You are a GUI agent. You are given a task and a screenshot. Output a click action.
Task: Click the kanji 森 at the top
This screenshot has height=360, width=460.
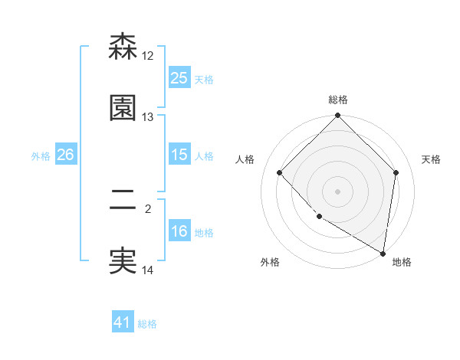(x=123, y=47)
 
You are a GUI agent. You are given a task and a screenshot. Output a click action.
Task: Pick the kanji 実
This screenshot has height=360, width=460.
(x=123, y=260)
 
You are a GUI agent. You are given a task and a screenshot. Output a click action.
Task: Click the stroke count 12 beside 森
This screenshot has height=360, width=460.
(x=148, y=56)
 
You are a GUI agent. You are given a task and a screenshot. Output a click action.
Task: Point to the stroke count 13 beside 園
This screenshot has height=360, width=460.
(x=148, y=117)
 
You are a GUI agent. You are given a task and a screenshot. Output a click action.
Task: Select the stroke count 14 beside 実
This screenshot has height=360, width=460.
(x=148, y=270)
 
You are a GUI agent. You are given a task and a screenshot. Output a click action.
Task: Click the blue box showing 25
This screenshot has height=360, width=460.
(x=179, y=78)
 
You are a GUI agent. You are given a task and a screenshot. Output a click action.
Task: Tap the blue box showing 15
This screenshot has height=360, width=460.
(x=179, y=155)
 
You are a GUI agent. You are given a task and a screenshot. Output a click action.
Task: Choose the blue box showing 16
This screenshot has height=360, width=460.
(x=179, y=231)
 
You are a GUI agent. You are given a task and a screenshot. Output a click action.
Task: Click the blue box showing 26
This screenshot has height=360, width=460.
(x=65, y=155)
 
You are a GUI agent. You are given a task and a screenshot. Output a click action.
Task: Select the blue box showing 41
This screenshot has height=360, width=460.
(x=123, y=322)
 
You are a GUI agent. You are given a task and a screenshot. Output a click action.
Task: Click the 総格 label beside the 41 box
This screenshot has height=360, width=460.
(x=147, y=324)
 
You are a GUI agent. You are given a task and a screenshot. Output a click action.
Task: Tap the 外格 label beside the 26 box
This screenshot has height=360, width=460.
(x=41, y=155)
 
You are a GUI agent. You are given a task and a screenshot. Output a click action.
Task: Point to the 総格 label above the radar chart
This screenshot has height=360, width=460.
(x=338, y=100)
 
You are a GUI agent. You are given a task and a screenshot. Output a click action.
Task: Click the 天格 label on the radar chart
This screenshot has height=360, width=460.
(x=432, y=159)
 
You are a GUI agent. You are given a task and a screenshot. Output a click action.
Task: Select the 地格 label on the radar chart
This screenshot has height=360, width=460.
(x=402, y=263)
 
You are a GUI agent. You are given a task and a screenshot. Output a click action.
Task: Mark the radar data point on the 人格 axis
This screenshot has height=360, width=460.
(x=280, y=173)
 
